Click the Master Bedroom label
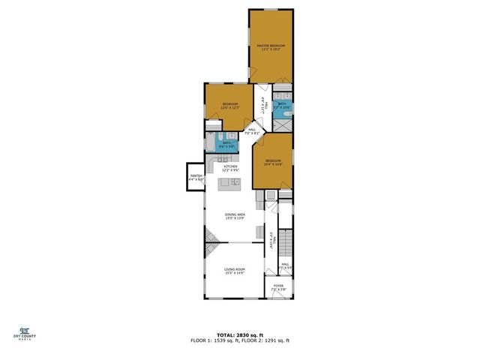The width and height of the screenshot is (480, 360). (271, 47)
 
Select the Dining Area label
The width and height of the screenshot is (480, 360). (235, 217)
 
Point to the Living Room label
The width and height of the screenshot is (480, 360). (235, 271)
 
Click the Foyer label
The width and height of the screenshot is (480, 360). (278, 287)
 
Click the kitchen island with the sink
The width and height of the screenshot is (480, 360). (229, 182)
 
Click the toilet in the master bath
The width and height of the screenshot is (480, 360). (284, 96)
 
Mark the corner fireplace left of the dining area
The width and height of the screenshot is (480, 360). (212, 241)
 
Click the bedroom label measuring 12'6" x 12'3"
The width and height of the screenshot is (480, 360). (229, 105)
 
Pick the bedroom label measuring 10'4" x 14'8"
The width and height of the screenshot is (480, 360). (272, 163)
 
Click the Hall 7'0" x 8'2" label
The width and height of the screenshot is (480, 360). (253, 131)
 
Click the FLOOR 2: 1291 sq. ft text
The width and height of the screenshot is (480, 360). (266, 340)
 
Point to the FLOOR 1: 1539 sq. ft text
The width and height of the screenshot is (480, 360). (214, 340)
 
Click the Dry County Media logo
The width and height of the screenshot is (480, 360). (24, 333)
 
